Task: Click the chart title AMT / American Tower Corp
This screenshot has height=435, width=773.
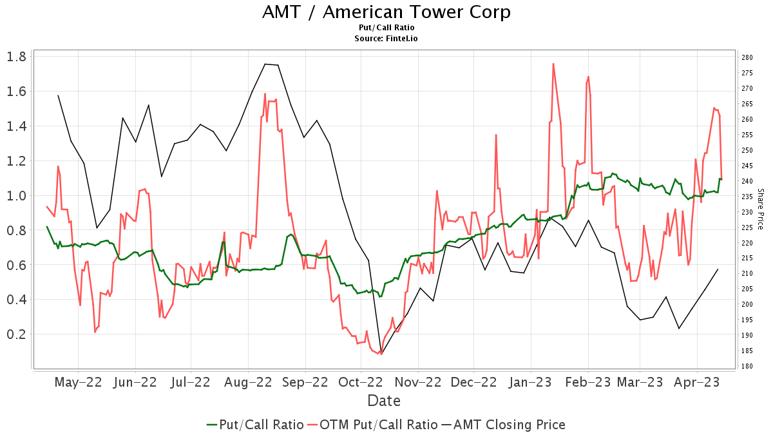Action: tap(386, 12)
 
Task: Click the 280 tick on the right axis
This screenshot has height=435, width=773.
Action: tap(747, 57)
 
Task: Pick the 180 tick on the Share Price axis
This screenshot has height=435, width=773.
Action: tap(747, 366)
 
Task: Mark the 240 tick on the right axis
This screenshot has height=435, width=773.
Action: tap(747, 181)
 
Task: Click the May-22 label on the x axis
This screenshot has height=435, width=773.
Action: tap(78, 382)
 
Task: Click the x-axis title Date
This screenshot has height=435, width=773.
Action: tap(384, 401)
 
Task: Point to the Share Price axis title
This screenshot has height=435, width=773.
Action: tap(760, 209)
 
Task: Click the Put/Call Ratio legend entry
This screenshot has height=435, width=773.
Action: tap(255, 425)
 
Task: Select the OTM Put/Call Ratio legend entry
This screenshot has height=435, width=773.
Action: tap(372, 425)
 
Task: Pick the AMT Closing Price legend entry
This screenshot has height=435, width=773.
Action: tap(503, 425)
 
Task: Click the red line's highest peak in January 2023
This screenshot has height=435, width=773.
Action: tap(553, 63)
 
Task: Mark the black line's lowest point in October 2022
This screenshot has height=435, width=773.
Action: tap(381, 354)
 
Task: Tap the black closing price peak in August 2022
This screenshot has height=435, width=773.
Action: tap(265, 64)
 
